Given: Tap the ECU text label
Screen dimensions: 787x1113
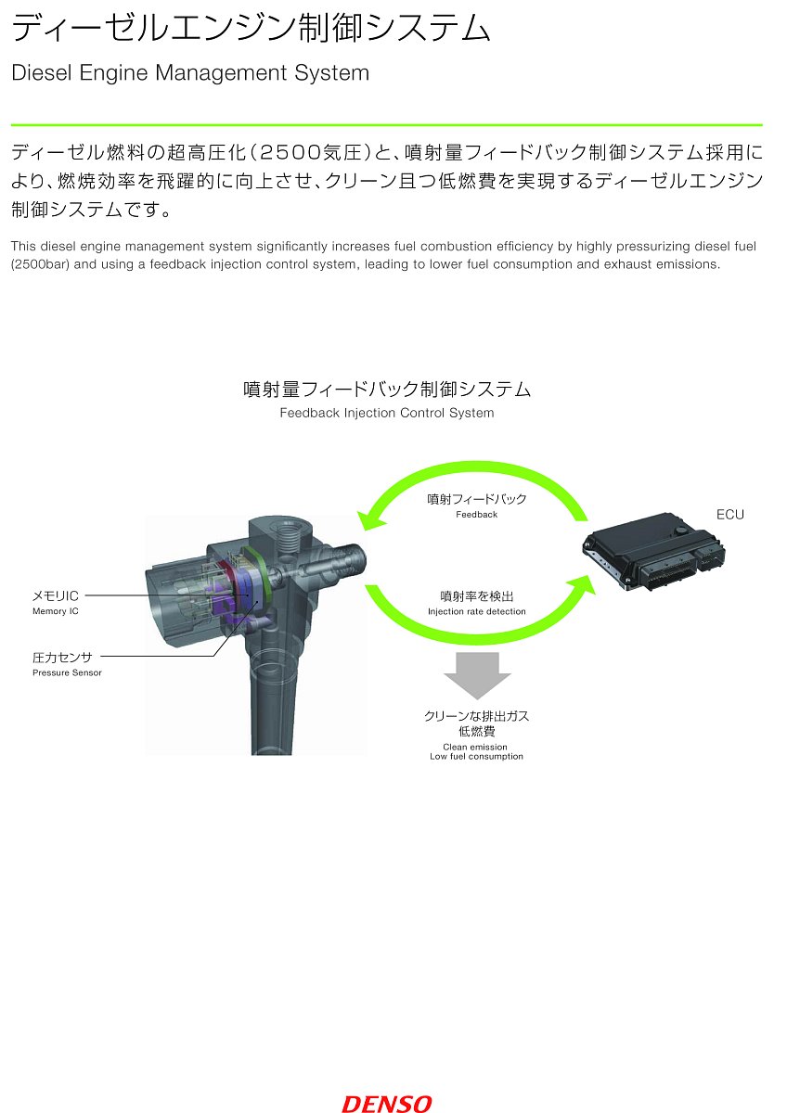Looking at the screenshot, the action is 729,514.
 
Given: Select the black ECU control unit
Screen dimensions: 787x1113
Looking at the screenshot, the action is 653,552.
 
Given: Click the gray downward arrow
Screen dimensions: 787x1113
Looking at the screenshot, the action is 477,675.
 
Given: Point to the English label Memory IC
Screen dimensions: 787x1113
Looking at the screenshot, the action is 55,611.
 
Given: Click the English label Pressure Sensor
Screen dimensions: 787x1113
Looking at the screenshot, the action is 67,672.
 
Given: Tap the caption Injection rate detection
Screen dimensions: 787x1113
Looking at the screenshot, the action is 476,611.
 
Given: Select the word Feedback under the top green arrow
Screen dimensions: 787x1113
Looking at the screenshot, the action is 476,515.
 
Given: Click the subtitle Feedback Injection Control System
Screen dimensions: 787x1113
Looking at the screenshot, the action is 387,413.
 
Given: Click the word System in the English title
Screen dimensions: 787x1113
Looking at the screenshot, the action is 331,73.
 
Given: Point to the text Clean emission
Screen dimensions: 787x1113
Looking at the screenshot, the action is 475,747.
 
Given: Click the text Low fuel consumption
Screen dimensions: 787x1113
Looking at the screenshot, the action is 476,756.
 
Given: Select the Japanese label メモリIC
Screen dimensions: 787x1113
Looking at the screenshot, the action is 55,595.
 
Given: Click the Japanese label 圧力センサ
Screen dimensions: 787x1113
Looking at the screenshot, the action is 62,658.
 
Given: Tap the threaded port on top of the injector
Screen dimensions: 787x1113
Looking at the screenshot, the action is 290,537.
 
